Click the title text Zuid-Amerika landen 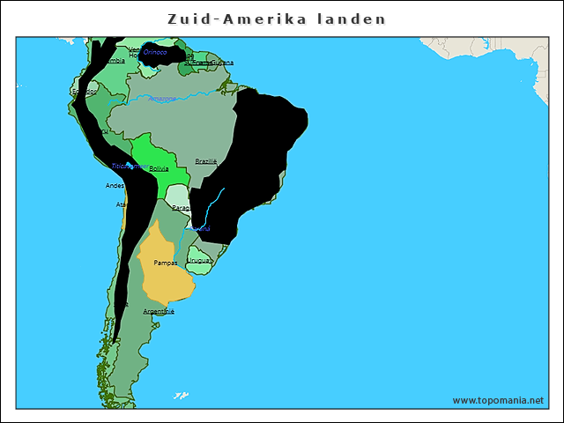click(x=277, y=19)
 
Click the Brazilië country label click(x=206, y=160)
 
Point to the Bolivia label click(x=159, y=167)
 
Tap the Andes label click(x=115, y=186)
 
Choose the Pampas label click(x=165, y=263)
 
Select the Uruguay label click(x=200, y=261)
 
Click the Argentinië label click(x=159, y=311)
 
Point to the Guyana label click(x=223, y=63)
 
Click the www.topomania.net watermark click(x=498, y=400)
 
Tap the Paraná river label click(x=201, y=229)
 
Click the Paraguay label click(x=182, y=208)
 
